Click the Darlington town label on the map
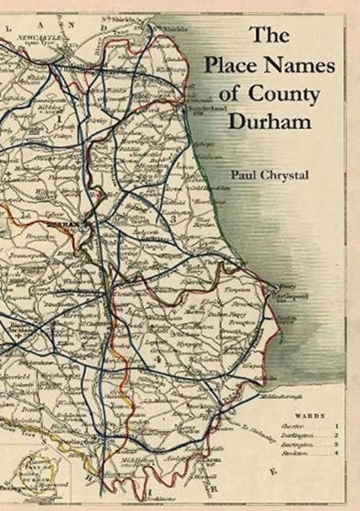pos(81,441)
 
